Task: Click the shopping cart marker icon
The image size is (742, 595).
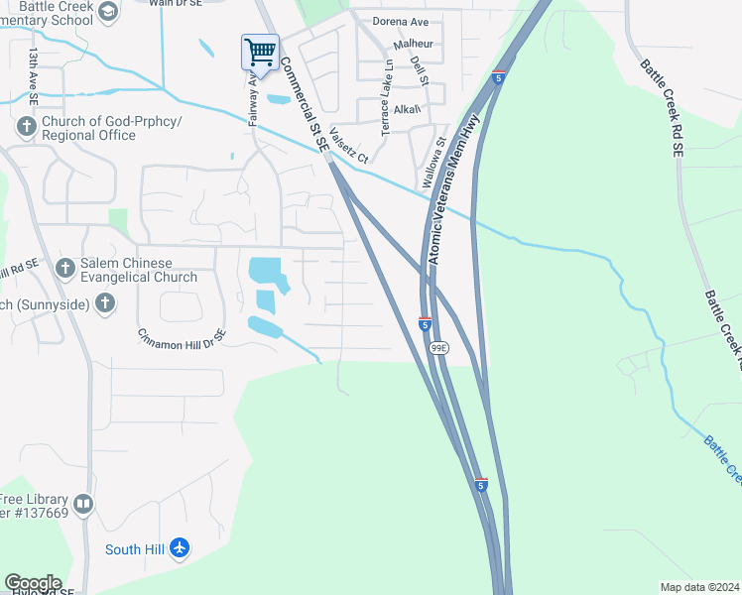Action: click(x=260, y=51)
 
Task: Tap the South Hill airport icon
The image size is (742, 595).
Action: click(x=180, y=548)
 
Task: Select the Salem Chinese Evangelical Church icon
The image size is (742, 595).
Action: click(x=65, y=268)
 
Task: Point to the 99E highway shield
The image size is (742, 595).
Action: click(x=438, y=348)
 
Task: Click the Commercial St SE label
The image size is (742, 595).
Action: click(x=303, y=102)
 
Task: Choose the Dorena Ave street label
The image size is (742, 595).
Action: click(x=400, y=20)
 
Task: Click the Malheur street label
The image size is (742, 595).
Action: click(x=414, y=45)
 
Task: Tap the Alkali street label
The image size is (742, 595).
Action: click(x=407, y=109)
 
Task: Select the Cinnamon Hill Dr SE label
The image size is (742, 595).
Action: click(x=183, y=338)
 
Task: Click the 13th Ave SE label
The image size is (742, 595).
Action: click(x=34, y=76)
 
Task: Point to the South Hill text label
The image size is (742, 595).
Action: click(x=136, y=549)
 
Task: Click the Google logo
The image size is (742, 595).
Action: click(x=33, y=583)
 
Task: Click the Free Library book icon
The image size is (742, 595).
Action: click(x=83, y=504)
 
